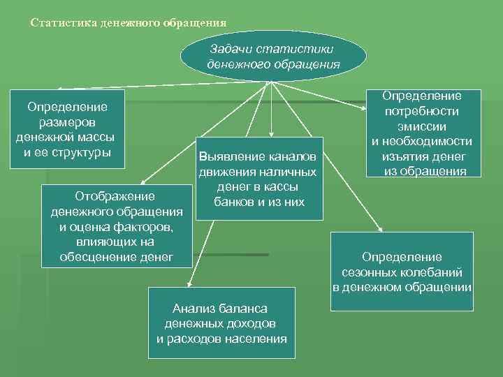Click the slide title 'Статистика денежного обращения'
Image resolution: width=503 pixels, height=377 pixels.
point(129,22)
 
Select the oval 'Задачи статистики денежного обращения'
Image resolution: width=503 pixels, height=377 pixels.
point(273,57)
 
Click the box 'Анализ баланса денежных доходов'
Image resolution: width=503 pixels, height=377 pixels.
point(221,323)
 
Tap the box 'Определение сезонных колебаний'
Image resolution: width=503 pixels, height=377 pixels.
point(402,272)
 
